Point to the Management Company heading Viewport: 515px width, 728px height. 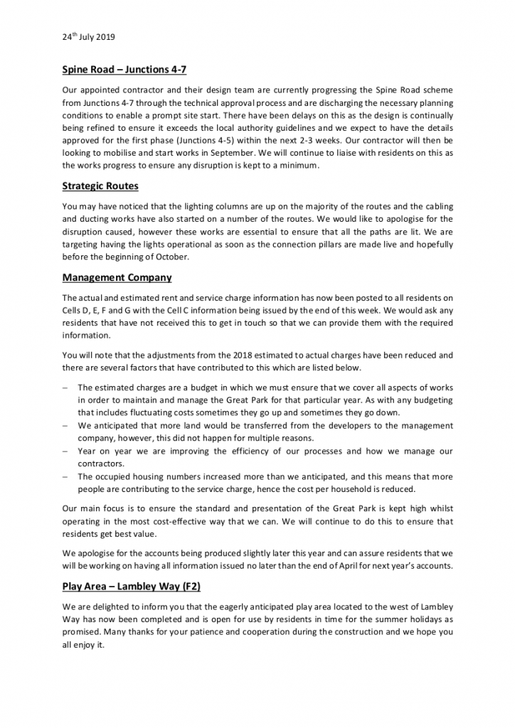point(117,277)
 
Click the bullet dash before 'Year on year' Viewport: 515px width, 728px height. point(65,451)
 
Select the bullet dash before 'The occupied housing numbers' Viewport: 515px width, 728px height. point(65,476)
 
